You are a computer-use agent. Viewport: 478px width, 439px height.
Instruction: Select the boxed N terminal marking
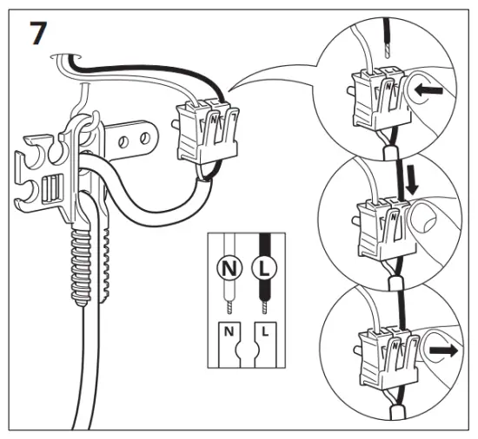229,331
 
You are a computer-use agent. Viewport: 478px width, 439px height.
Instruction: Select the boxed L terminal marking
263,331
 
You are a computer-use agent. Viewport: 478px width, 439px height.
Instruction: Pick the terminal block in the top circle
375,95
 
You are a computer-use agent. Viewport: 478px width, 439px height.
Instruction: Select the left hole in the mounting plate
124,138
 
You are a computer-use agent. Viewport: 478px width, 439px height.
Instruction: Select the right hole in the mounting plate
140,135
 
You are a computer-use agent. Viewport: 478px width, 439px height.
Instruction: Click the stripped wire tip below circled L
263,304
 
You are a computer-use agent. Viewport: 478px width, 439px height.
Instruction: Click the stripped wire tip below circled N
229,304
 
